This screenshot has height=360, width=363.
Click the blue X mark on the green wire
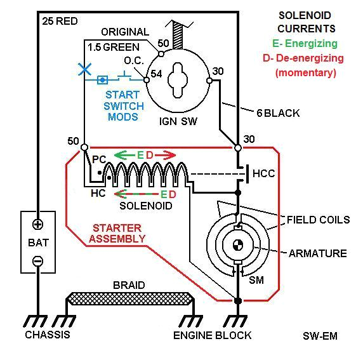[84, 69]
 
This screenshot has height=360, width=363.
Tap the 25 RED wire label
[60, 21]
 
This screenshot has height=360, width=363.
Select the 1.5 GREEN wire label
[115, 46]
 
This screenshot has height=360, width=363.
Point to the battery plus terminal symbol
[38, 224]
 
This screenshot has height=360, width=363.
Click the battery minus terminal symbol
[38, 260]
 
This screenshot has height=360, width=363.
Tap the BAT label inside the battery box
[38, 242]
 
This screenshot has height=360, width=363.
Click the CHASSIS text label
[47, 335]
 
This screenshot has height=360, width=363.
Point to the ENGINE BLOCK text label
[212, 335]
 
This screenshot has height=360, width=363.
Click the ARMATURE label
[317, 253]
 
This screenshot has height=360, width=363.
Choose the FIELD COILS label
[318, 220]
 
